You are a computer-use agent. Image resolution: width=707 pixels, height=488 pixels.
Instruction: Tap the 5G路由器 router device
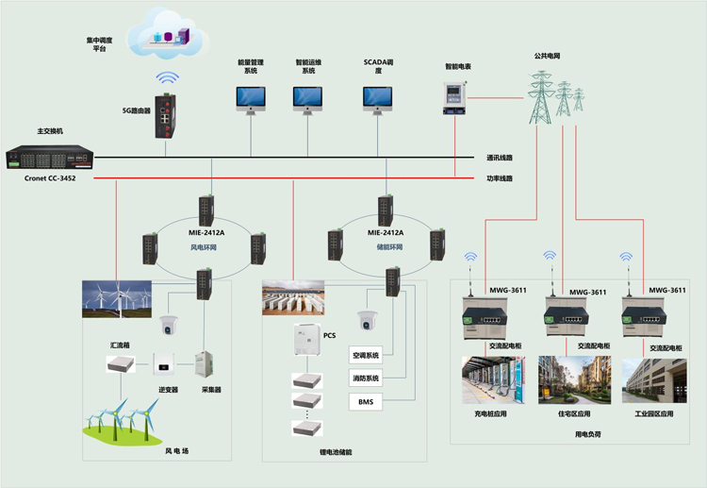(x=166, y=116)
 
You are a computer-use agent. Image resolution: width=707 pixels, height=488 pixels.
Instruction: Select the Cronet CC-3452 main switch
(x=50, y=157)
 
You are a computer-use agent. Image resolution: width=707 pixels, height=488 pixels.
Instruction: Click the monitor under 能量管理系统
(x=251, y=100)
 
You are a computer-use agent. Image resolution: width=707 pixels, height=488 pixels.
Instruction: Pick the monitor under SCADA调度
(x=377, y=100)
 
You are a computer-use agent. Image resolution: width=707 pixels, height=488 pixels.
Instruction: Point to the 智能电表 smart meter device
(x=454, y=98)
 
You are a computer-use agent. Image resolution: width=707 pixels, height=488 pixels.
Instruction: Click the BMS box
(x=366, y=402)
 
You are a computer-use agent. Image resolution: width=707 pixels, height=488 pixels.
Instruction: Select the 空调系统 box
(x=366, y=355)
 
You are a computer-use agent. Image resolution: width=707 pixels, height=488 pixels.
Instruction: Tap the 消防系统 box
(x=366, y=379)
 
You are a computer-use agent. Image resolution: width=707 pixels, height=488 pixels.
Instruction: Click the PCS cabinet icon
(x=307, y=340)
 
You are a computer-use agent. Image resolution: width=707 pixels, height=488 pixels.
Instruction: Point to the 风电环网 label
(x=204, y=247)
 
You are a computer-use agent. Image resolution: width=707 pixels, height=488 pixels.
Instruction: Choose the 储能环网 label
(x=389, y=247)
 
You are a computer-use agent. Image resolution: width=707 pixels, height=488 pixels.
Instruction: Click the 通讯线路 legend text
(x=500, y=158)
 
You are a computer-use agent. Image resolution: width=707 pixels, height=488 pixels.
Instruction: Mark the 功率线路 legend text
(x=500, y=178)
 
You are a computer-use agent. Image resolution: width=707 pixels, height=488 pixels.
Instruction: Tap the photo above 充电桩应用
(x=493, y=380)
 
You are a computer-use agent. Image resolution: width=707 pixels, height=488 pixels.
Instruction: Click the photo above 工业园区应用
(x=654, y=380)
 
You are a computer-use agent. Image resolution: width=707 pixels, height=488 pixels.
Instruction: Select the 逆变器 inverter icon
(x=164, y=363)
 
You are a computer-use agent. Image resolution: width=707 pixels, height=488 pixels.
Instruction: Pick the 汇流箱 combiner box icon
(x=121, y=363)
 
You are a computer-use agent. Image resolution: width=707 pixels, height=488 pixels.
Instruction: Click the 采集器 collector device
(x=205, y=364)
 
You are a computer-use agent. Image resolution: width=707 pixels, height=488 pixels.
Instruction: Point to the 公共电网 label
(x=547, y=56)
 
